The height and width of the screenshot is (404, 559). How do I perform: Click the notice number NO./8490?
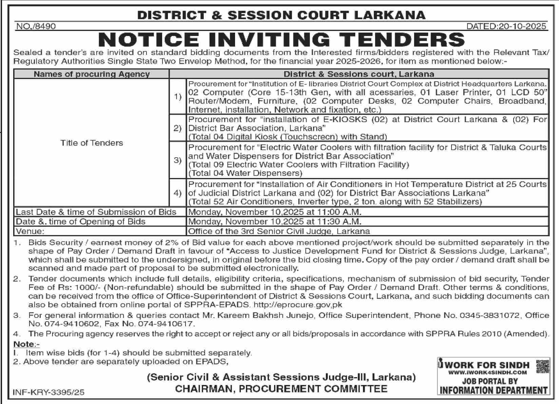(x=36, y=26)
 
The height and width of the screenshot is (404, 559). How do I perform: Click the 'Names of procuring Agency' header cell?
(x=92, y=74)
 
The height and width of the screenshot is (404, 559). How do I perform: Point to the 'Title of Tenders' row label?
(x=92, y=143)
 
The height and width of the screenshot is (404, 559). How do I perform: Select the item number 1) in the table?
(x=178, y=97)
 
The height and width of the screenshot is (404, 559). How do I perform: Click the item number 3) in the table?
(x=178, y=160)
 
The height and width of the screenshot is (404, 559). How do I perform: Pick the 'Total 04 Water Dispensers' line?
(x=245, y=173)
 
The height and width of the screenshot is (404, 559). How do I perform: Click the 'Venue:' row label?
(x=30, y=231)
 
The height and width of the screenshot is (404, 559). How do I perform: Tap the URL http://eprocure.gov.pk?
(x=298, y=305)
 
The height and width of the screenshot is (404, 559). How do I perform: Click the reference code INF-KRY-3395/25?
(x=49, y=392)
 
